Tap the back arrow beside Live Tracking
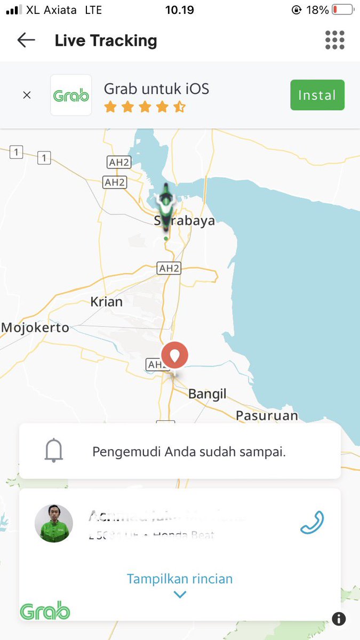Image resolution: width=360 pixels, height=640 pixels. click(26, 40)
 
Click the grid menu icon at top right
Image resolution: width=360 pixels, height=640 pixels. click(334, 40)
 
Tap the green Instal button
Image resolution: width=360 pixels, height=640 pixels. click(317, 95)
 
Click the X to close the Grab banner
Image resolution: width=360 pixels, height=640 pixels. click(27, 95)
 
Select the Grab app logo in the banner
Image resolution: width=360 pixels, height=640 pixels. click(71, 95)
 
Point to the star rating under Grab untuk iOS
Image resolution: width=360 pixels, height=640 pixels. click(145, 108)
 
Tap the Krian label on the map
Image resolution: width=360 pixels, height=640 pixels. click(106, 302)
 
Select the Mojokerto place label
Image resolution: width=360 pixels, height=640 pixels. click(35, 327)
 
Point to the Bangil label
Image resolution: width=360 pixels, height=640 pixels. click(207, 394)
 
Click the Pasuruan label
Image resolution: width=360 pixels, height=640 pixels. click(267, 415)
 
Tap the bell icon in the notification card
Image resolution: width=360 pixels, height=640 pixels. click(53, 451)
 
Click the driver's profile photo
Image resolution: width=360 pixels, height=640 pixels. click(54, 523)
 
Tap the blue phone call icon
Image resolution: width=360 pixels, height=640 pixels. click(312, 523)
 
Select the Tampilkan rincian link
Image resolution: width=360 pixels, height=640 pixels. click(180, 579)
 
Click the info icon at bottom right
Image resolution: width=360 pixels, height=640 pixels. click(339, 619)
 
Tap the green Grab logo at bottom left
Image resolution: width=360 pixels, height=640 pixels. click(45, 611)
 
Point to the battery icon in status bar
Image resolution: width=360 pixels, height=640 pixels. click(342, 10)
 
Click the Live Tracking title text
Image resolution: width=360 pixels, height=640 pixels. click(106, 41)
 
